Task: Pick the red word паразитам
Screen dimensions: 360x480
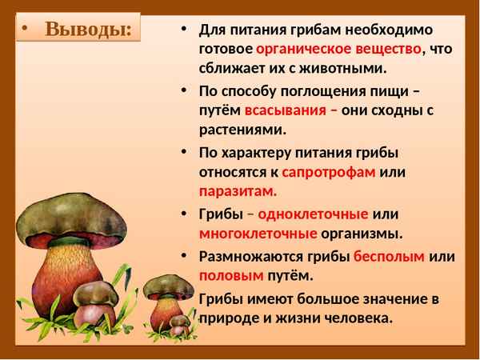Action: coord(238,191)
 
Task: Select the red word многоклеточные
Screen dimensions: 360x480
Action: coord(258,234)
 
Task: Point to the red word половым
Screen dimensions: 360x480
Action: coord(231,275)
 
